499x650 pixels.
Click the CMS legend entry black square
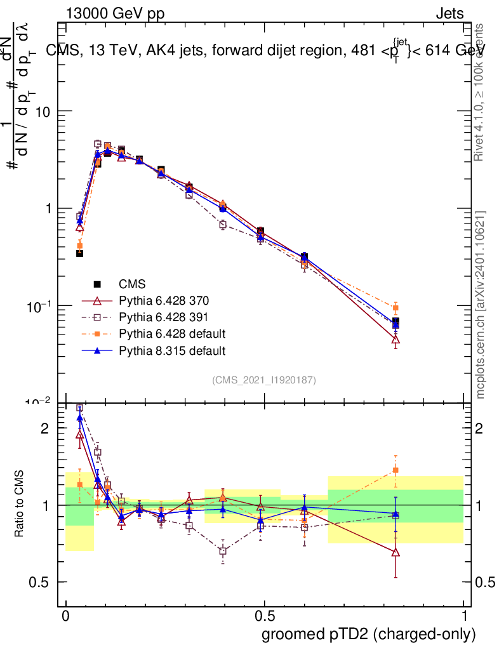point(97,284)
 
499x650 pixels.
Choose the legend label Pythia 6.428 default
point(172,333)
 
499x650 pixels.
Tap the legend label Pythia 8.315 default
point(172,350)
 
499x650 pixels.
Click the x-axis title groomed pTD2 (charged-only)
point(368,634)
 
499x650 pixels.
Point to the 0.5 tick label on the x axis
point(264,616)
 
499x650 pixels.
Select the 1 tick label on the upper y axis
point(46,209)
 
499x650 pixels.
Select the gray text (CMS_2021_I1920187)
point(264,380)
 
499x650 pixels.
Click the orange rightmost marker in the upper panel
point(396,308)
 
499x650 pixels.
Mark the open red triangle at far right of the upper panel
point(396,340)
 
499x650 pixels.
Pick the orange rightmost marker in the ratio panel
point(396,470)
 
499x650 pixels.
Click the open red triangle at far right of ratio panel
point(396,552)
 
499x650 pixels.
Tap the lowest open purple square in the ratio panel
point(223,551)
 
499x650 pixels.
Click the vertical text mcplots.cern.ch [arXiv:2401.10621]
point(481,305)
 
